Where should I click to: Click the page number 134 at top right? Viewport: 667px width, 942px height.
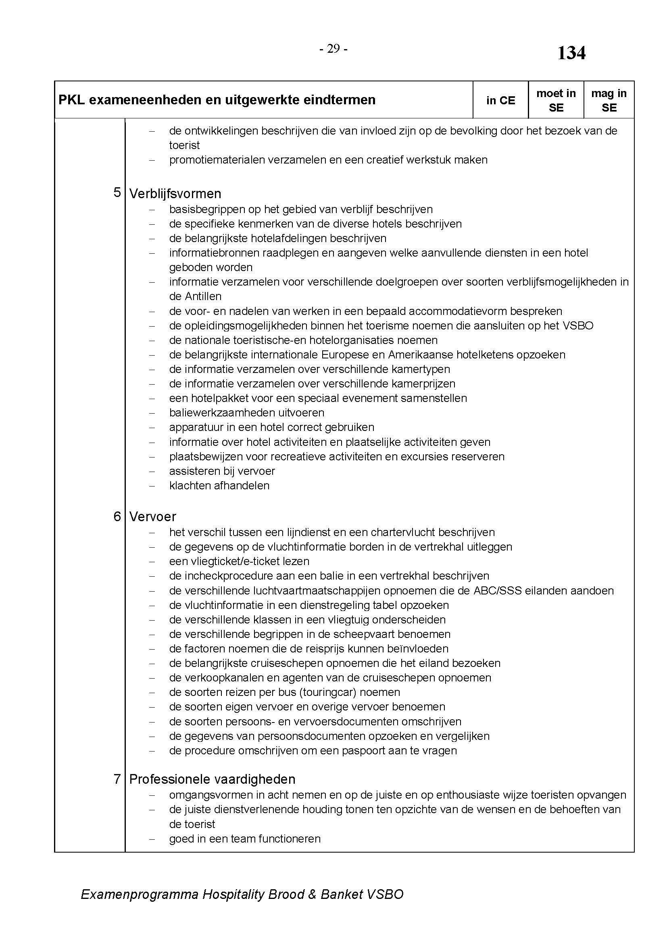[x=571, y=53]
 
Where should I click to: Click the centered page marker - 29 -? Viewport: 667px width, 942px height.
[x=333, y=49]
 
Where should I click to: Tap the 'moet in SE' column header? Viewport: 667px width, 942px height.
[x=556, y=101]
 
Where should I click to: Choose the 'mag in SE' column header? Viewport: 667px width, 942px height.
[x=609, y=101]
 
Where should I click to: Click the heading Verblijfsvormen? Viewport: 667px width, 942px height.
[x=175, y=194]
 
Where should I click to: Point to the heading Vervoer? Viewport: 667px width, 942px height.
[x=152, y=517]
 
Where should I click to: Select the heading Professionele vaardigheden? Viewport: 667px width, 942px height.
[x=213, y=779]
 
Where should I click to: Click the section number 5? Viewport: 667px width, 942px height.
[x=117, y=193]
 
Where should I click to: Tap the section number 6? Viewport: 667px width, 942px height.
[x=117, y=516]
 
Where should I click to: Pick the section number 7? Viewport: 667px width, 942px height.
[x=117, y=779]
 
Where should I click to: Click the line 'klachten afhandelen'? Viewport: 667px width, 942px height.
[x=219, y=486]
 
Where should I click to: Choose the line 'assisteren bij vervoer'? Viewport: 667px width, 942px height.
[x=222, y=471]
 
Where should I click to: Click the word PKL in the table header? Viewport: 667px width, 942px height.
[x=71, y=100]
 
